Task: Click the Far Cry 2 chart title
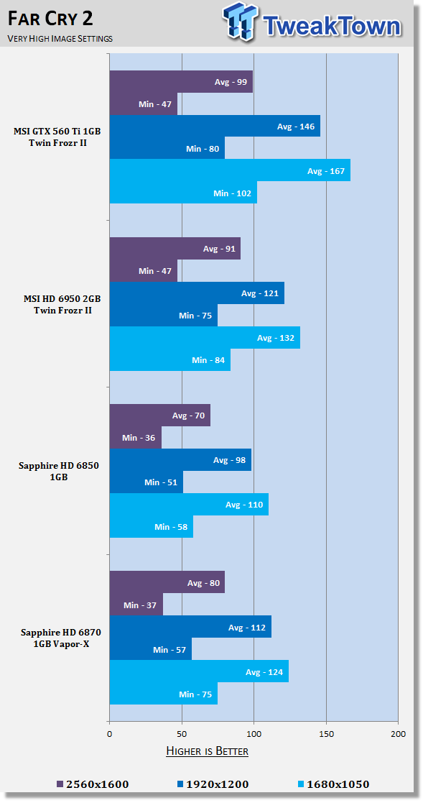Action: click(50, 19)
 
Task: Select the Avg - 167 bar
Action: click(230, 170)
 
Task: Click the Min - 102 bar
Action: click(183, 193)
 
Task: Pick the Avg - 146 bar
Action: click(215, 126)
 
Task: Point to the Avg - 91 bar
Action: click(175, 249)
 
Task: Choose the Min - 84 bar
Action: click(170, 360)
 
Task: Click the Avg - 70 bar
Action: click(160, 416)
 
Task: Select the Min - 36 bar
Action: click(136, 438)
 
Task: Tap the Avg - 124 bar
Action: click(199, 671)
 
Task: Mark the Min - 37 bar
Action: click(136, 605)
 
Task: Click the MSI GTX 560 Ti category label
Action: click(57, 137)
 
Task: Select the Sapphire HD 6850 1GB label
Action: click(58, 471)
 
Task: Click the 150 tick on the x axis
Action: click(326, 734)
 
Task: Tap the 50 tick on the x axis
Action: click(182, 734)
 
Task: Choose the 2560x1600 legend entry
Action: click(93, 784)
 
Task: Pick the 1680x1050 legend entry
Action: click(333, 784)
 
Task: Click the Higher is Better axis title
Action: click(208, 751)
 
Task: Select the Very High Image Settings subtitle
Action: click(60, 38)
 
